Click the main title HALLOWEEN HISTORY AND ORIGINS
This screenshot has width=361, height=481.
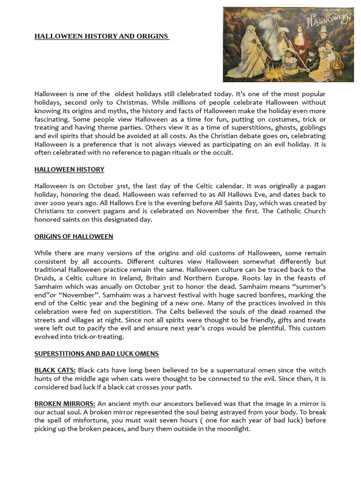coord(102,36)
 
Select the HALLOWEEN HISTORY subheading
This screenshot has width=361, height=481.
coord(69,169)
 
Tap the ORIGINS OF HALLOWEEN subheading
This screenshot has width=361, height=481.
coord(73,236)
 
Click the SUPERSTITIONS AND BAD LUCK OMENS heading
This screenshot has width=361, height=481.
coord(96,353)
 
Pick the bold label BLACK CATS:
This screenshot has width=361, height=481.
coord(55,371)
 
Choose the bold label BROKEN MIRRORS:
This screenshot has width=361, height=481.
coord(65,404)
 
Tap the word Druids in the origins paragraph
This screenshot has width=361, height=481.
coord(45,278)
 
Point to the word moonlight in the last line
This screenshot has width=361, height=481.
coord(232,428)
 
